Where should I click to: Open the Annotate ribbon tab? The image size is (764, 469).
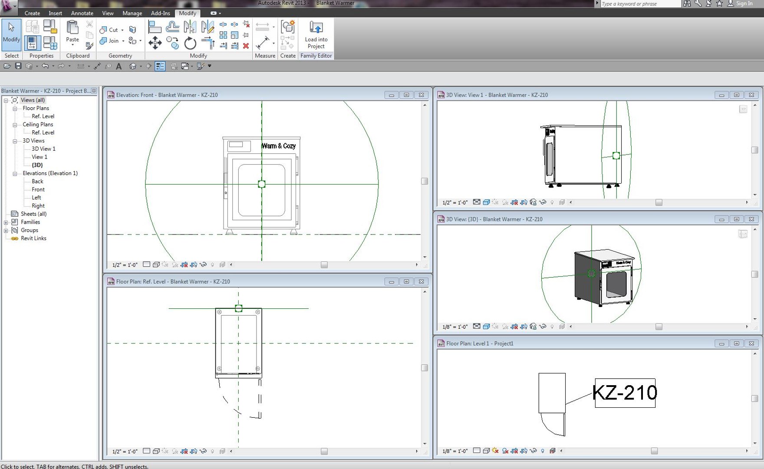82,13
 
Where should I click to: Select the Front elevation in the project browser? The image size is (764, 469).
38,189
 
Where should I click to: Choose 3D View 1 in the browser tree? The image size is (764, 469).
43,149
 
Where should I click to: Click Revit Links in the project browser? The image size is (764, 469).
33,238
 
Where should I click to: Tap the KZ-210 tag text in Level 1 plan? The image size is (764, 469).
625,393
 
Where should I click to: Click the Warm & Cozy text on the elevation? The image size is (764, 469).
278,146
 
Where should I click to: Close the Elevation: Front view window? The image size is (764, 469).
421,95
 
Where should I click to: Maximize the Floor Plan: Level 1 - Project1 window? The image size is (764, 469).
736,343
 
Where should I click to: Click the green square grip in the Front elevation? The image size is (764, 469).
262,184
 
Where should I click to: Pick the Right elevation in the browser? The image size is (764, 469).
38,206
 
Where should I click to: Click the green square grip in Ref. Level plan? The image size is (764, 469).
238,308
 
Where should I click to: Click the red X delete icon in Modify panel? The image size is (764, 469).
246,46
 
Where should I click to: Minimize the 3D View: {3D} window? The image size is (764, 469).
721,219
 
